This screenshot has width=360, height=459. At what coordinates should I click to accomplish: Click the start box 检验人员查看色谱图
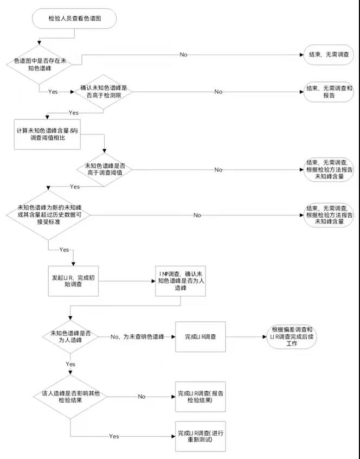pos(75,20)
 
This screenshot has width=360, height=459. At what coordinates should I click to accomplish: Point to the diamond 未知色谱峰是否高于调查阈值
pos(105,169)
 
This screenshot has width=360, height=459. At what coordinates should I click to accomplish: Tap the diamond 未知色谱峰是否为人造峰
pos(70,336)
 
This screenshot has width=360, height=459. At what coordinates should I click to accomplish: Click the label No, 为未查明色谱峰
pos(137,336)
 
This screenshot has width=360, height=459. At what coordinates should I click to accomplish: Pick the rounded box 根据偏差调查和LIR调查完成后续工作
pos(290,336)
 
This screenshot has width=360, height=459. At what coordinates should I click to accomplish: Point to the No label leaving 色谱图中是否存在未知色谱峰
pos(184,55)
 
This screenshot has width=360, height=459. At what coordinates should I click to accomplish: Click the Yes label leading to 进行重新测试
pos(114,436)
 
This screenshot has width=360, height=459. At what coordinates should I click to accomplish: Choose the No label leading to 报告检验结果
pos(142,397)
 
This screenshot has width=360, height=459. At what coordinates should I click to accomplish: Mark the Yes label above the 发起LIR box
pos(63,250)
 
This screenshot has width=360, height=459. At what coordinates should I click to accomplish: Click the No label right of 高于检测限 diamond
pos(218,92)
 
